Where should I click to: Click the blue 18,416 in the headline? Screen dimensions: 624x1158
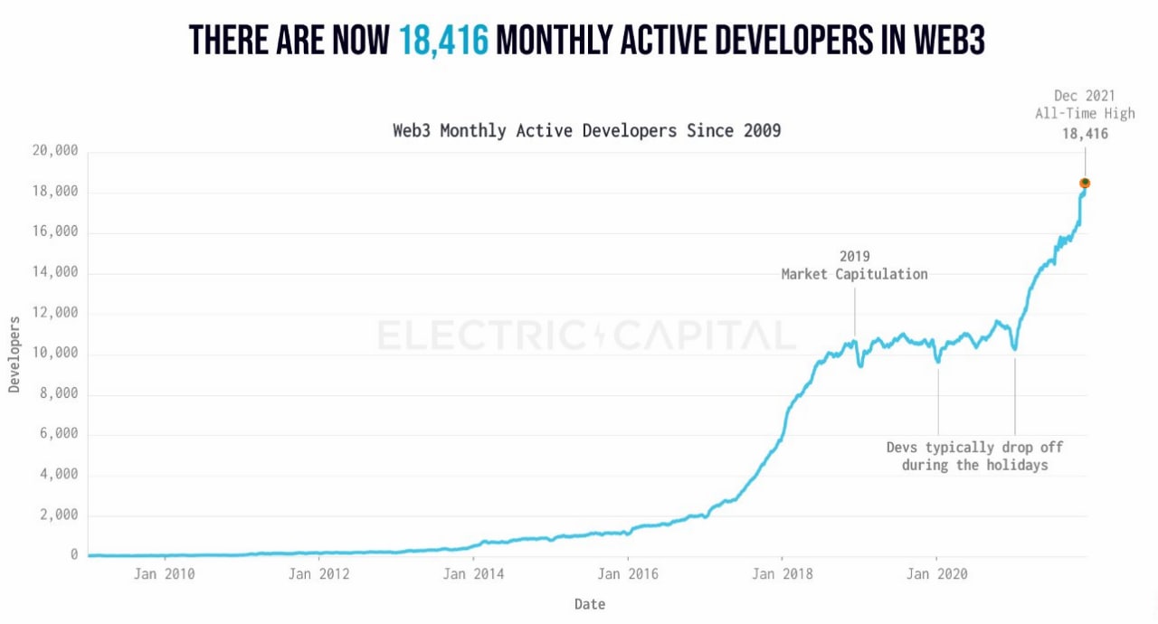[443, 41]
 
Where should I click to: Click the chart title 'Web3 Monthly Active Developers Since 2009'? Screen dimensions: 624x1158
[586, 130]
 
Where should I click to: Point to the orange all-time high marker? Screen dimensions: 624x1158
[1085, 184]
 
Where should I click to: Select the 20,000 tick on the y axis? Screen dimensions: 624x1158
[56, 151]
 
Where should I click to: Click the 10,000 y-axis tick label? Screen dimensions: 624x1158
[56, 353]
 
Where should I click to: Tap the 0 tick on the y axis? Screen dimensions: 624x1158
[74, 554]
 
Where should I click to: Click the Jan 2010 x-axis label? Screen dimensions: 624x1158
[164, 572]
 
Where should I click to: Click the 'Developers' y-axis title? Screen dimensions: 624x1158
[14, 355]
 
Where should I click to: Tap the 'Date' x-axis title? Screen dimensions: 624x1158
[589, 603]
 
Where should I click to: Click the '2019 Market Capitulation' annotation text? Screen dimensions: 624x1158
[854, 266]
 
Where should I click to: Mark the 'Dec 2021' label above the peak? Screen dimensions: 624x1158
[1085, 96]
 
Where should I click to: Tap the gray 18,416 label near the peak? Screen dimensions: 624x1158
[1085, 134]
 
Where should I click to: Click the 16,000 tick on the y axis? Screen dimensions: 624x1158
[56, 232]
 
